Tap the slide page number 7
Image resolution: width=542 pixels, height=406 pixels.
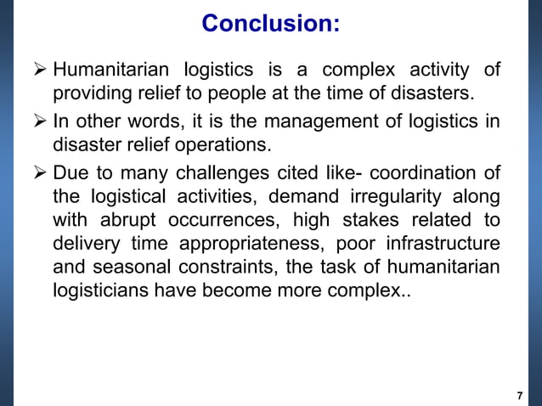[519, 396]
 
